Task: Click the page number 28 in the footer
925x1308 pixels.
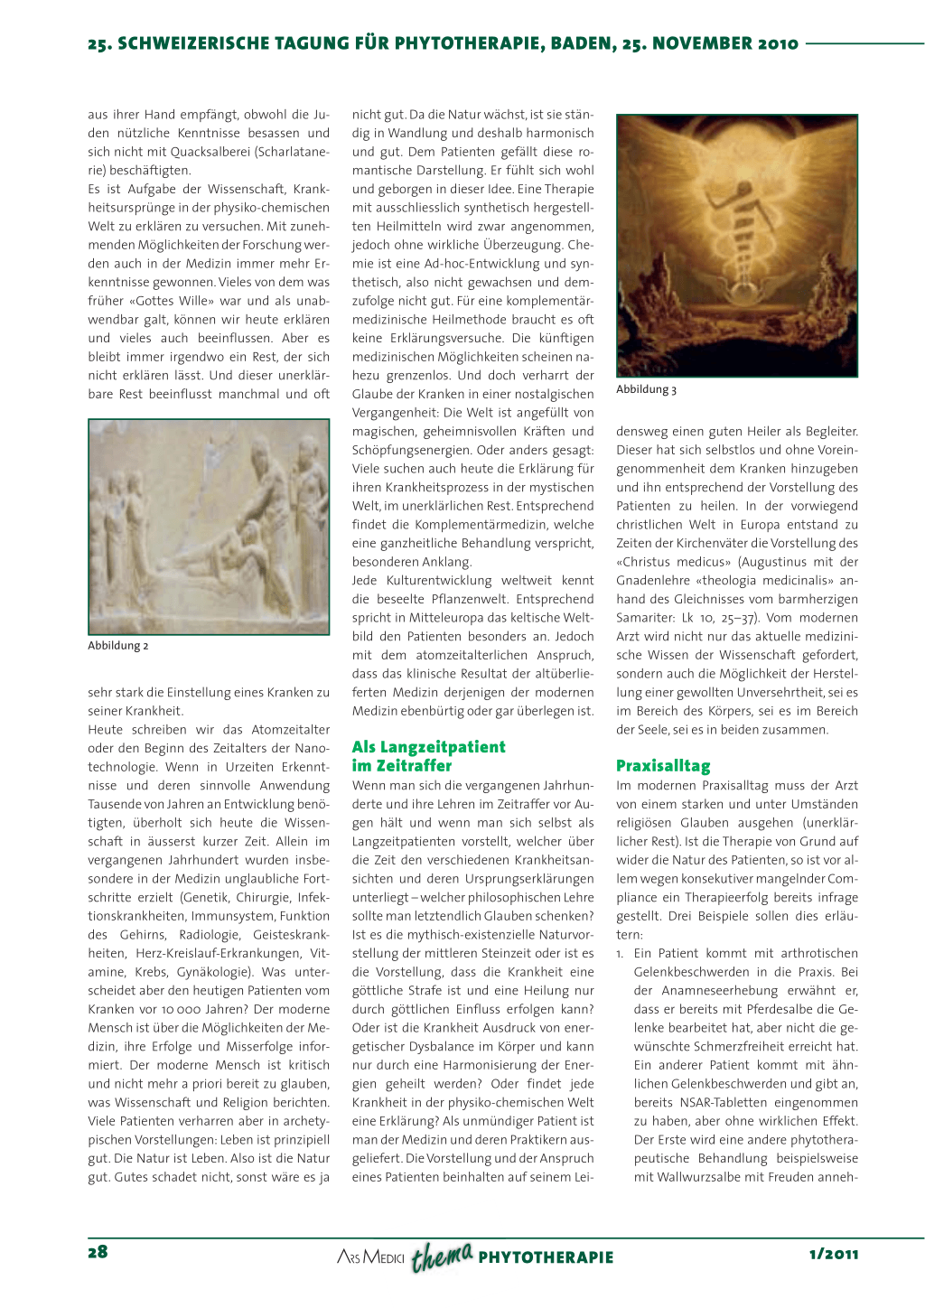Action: pos(98,1252)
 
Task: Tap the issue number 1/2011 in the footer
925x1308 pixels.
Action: pos(834,1254)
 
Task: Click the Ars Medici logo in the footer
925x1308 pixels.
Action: pos(370,1257)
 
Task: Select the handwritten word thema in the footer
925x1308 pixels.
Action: pos(442,1256)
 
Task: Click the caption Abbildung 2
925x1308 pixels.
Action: pos(118,646)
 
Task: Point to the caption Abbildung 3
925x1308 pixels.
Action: pos(646,389)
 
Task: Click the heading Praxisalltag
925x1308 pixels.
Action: pos(663,766)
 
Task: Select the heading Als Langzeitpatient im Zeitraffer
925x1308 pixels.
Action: pos(429,756)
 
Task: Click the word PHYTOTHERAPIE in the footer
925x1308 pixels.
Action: pos(546,1257)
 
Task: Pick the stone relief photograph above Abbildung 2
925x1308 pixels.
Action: pos(209,526)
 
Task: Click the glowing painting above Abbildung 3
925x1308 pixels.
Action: pos(736,246)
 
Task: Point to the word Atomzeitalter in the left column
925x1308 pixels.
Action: pos(288,730)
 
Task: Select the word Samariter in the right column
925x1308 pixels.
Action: pos(646,618)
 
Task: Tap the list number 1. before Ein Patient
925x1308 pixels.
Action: pos(620,954)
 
